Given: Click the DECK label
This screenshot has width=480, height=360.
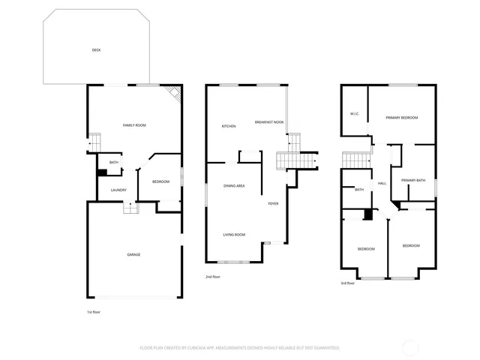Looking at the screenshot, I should coord(96,50).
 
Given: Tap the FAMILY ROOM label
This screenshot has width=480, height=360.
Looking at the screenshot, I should coord(134,124).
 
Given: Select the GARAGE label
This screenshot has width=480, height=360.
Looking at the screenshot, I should coord(133,254).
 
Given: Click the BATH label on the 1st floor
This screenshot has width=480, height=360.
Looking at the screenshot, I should coord(114,162).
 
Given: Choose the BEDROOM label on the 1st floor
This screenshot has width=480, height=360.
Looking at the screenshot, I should coord(161,181).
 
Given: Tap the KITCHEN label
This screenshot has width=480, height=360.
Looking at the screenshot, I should coord(229,126).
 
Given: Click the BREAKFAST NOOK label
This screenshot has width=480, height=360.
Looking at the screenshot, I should coord(268,121).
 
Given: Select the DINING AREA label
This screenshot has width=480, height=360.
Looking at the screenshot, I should coord(234,185).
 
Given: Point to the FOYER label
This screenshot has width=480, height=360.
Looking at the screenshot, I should coord(274,203).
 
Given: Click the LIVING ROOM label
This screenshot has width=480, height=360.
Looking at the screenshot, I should coord(234,235).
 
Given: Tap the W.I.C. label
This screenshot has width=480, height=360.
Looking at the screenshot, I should coord(355,114).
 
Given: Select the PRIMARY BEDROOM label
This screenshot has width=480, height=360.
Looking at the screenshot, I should coord(402,118).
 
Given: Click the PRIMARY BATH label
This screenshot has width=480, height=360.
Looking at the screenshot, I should coord(412,180).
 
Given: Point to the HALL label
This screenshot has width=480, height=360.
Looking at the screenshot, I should coord(382,183).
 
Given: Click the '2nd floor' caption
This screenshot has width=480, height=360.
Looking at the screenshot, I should coord(213,277).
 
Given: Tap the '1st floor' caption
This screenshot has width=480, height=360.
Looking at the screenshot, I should coord(94,311).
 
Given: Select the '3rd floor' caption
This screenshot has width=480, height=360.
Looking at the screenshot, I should coord(348,283).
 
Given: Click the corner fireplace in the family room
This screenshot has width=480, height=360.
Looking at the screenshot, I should coord(175,94).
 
